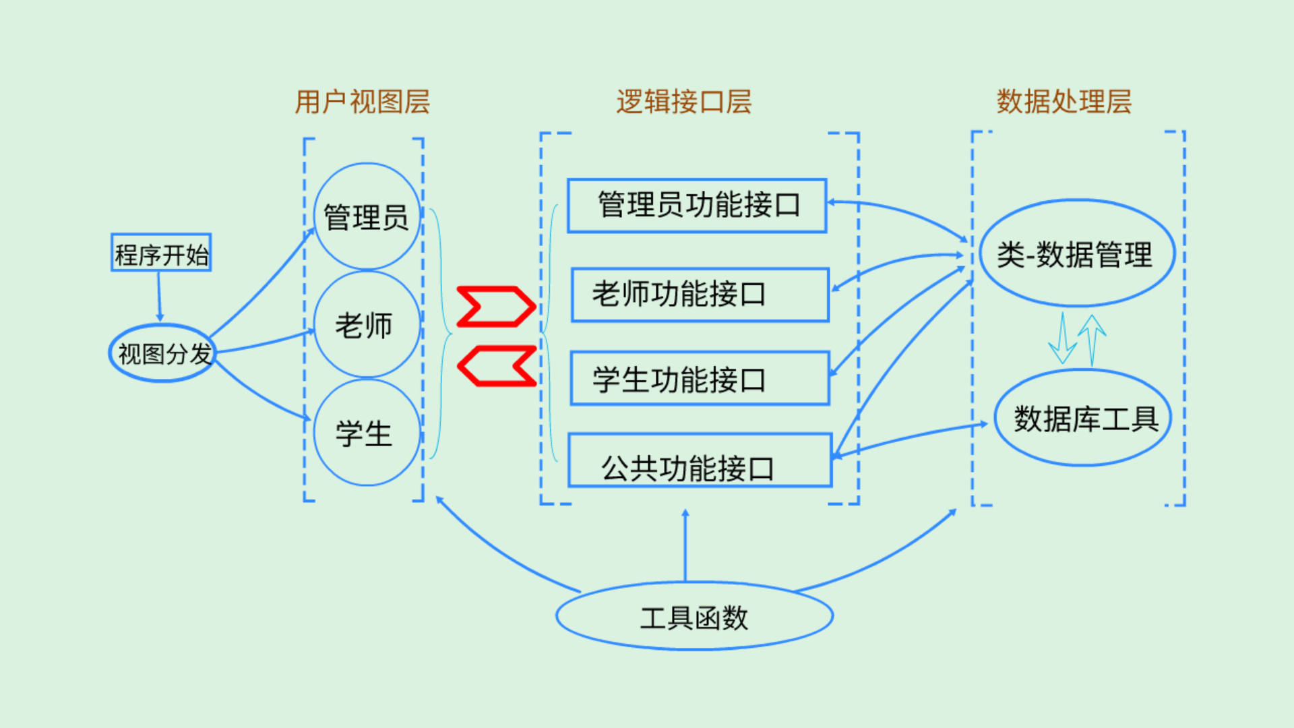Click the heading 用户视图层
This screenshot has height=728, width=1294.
(x=363, y=102)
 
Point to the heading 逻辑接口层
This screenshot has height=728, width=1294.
(x=684, y=102)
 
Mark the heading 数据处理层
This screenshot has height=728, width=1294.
(x=1064, y=102)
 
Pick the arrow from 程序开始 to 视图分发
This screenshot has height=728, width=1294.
(x=160, y=297)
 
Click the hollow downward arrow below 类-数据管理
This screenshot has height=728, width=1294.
(x=1063, y=338)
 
